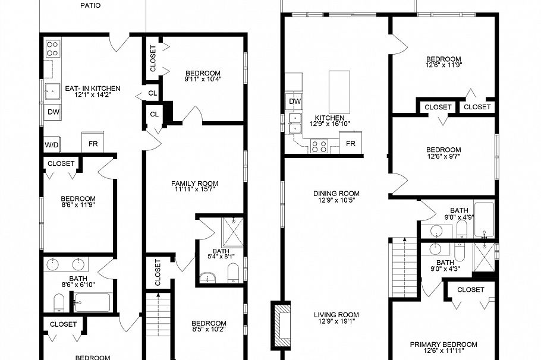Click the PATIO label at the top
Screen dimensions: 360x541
click(x=90, y=5)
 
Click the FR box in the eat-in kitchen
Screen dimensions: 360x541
click(x=93, y=143)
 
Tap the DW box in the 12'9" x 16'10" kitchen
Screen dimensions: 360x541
click(x=295, y=102)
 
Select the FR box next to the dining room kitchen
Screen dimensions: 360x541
click(x=351, y=144)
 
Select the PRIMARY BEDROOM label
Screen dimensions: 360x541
click(x=444, y=345)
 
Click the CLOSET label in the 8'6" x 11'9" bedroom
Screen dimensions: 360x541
click(x=61, y=163)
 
